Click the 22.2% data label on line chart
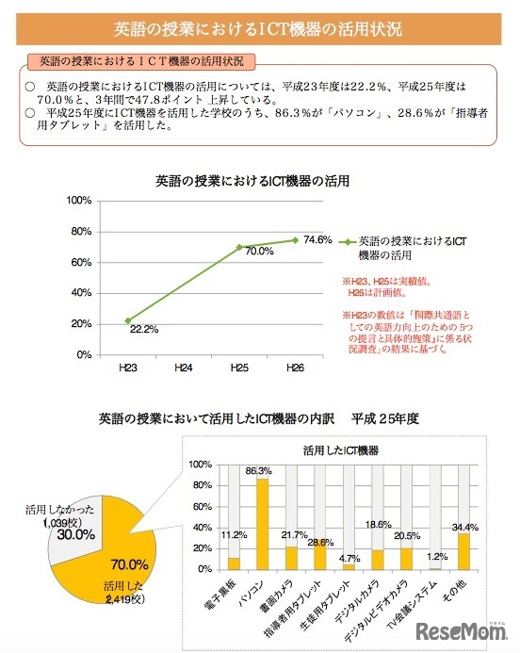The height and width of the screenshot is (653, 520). point(143,329)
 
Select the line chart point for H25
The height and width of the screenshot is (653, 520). point(239,247)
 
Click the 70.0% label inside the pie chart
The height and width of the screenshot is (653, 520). point(130,565)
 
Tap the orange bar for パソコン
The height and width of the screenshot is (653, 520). point(261,524)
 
